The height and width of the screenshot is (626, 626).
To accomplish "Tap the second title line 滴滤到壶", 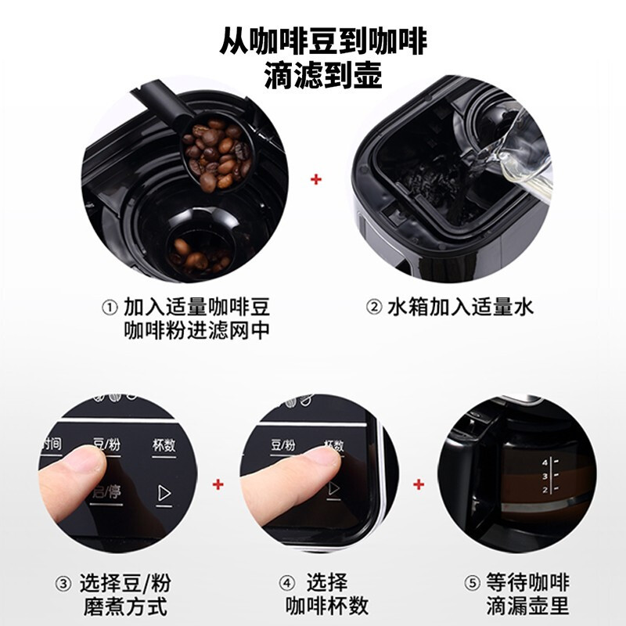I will click(313, 76).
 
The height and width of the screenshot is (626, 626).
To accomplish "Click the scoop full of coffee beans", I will click(215, 153).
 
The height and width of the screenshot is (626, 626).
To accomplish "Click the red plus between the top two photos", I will click(316, 180).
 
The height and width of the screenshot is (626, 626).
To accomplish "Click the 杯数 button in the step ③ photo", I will click(164, 445).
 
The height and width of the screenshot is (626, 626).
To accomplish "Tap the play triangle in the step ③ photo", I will click(164, 493).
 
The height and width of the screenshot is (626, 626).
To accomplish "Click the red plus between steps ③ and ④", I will click(218, 484).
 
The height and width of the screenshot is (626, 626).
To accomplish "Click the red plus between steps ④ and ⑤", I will click(419, 484).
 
